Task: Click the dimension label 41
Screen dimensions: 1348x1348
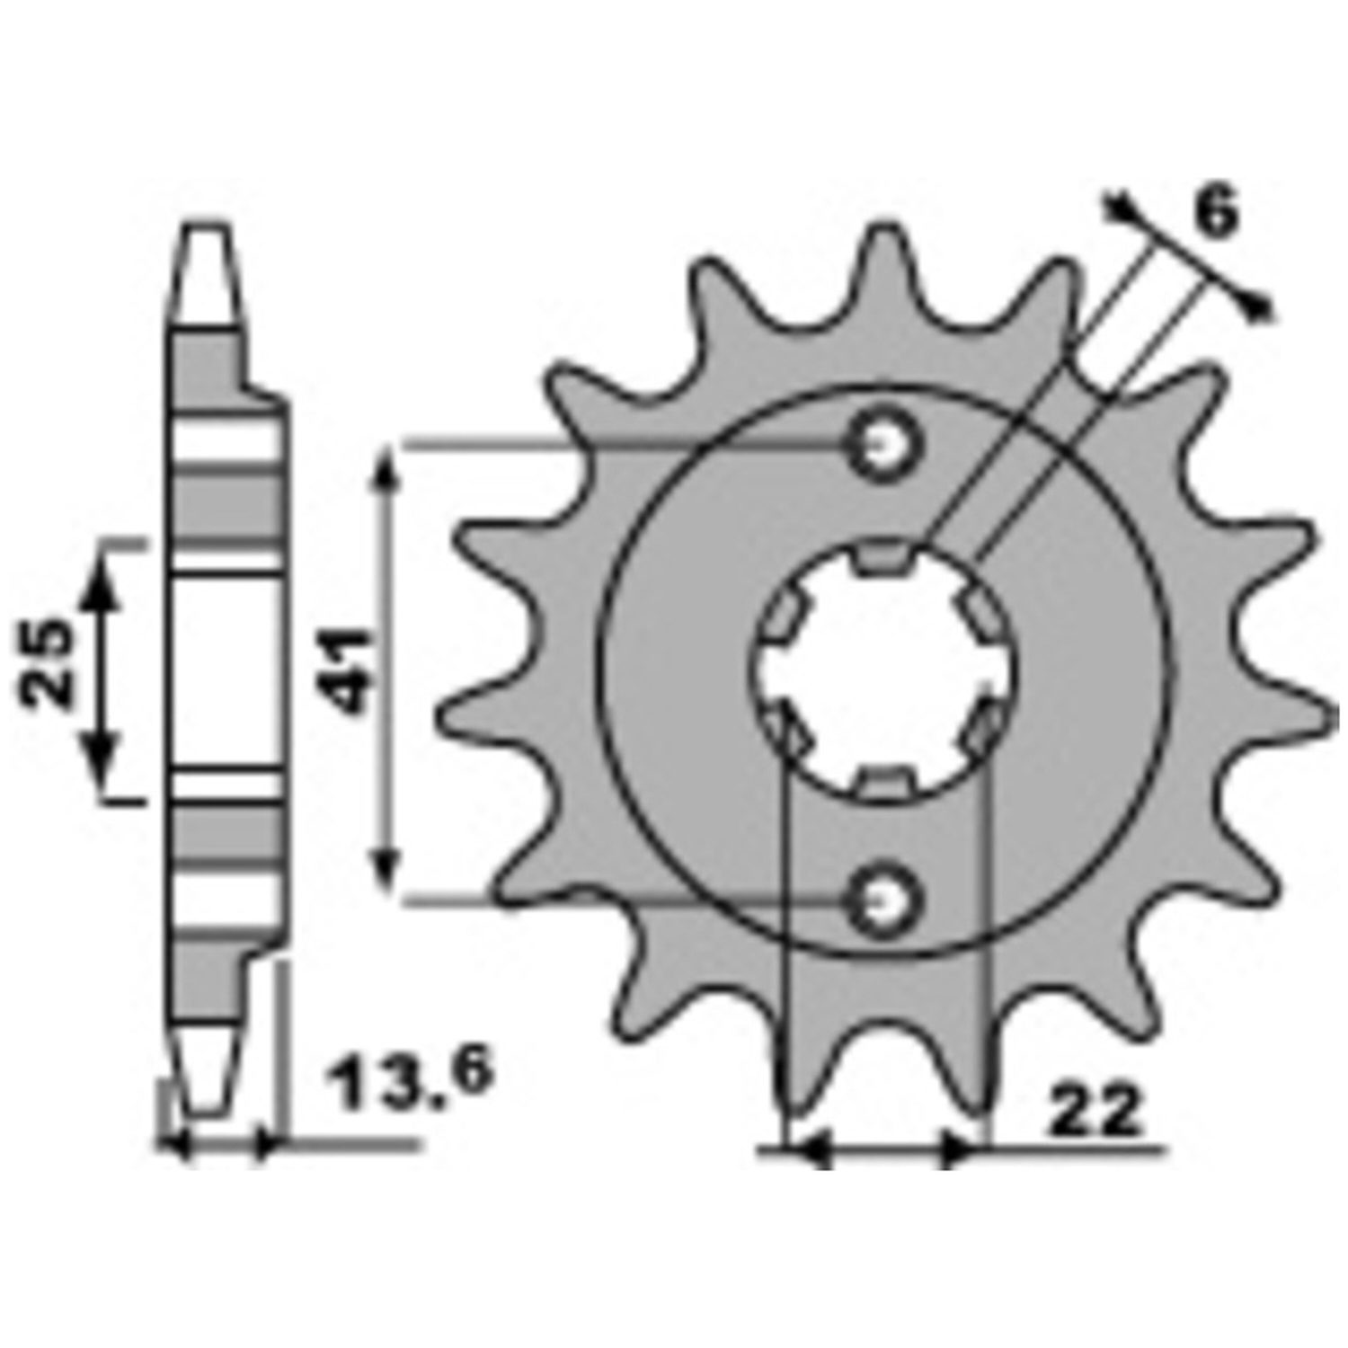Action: [348, 671]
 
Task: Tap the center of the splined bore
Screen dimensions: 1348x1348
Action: [882, 670]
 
